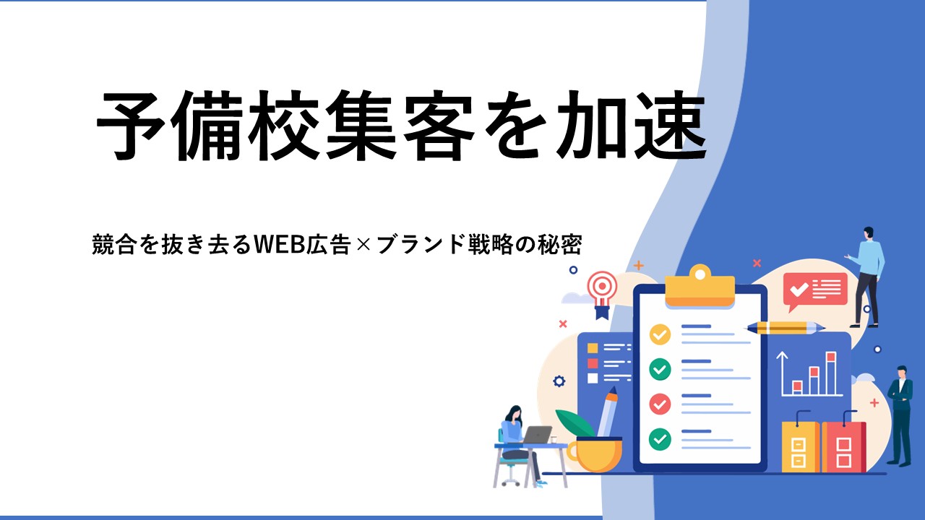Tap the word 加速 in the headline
[x=632, y=126]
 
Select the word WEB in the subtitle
[x=279, y=244]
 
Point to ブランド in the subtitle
[x=421, y=244]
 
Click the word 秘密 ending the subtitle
[x=560, y=244]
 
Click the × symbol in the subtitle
[x=363, y=245]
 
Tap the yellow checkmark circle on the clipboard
[x=660, y=334]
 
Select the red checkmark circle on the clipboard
[x=660, y=404]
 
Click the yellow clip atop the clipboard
[x=700, y=287]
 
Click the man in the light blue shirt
[x=866, y=277]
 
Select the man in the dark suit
[x=900, y=415]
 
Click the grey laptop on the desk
[x=536, y=435]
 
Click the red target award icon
[x=603, y=294]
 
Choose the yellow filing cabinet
[x=800, y=446]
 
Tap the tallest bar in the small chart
[x=831, y=373]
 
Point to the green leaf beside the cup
[x=575, y=422]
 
